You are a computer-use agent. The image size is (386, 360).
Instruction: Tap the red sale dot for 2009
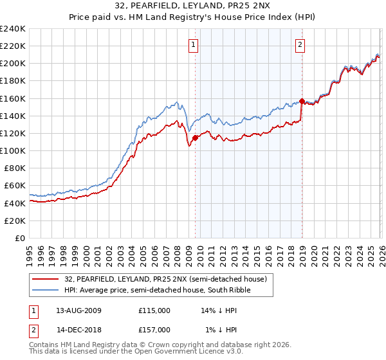[195, 138]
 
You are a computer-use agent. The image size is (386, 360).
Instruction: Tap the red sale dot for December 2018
[301, 101]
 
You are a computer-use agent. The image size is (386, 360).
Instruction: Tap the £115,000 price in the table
[154, 310]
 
